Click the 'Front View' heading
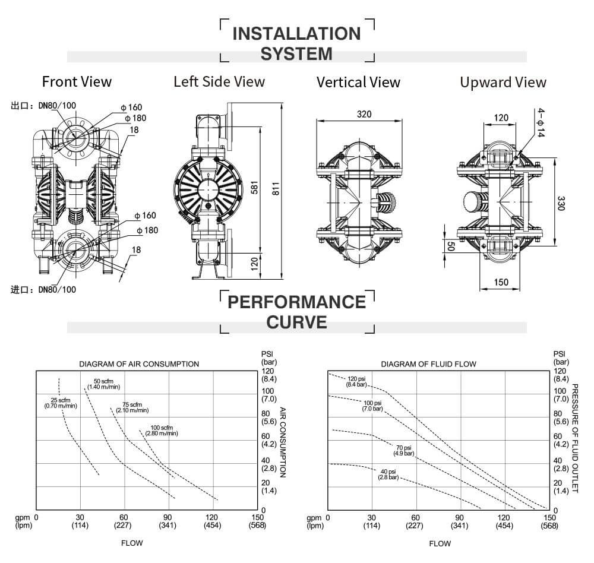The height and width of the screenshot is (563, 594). pos(77,81)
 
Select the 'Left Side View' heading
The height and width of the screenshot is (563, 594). pos(219,81)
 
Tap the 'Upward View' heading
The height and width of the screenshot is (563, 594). pos(503,83)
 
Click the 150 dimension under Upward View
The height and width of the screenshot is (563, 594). pos(501,282)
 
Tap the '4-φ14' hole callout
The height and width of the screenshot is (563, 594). pos(541,123)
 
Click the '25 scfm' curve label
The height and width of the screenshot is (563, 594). pos(61,403)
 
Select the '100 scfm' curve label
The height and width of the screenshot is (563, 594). pos(162,430)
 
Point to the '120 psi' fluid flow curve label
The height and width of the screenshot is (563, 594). pos(356,381)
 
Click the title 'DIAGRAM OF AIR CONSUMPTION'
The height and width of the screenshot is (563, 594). pos(139,364)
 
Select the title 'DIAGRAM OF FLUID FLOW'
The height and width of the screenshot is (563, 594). pos(428,364)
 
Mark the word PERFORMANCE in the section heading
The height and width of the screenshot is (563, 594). pos(297,302)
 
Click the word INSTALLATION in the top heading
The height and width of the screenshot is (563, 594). pos(297,33)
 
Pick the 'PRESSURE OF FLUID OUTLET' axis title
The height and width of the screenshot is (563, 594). pos(574,438)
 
